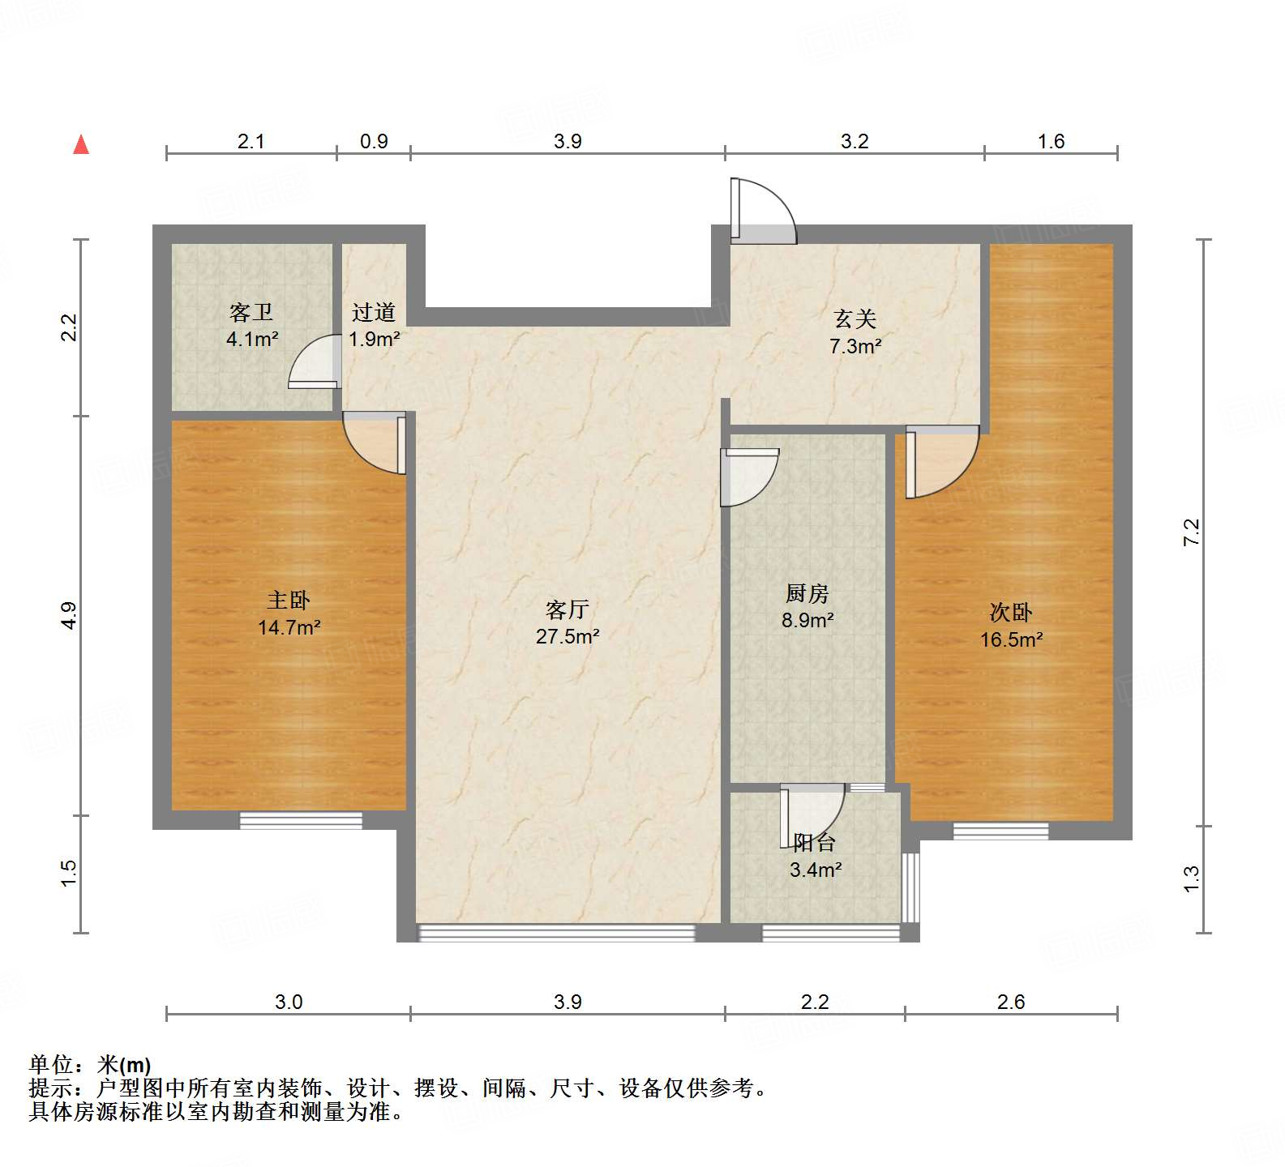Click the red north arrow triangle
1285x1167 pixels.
tap(81, 145)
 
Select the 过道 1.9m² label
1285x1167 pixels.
tap(374, 325)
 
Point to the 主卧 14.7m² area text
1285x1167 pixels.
tap(289, 613)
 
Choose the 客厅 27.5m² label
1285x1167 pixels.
tap(567, 622)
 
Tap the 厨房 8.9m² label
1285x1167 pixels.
tap(807, 607)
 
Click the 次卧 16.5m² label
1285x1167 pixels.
tap(1011, 626)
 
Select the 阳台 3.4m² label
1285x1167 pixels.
tap(815, 857)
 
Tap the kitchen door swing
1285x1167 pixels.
tap(747, 477)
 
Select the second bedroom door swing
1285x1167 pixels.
tap(940, 462)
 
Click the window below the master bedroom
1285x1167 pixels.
tap(301, 820)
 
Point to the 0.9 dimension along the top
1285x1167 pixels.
tap(374, 142)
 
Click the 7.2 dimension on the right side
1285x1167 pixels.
tap(1191, 532)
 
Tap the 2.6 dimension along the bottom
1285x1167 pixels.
tap(1011, 1002)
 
